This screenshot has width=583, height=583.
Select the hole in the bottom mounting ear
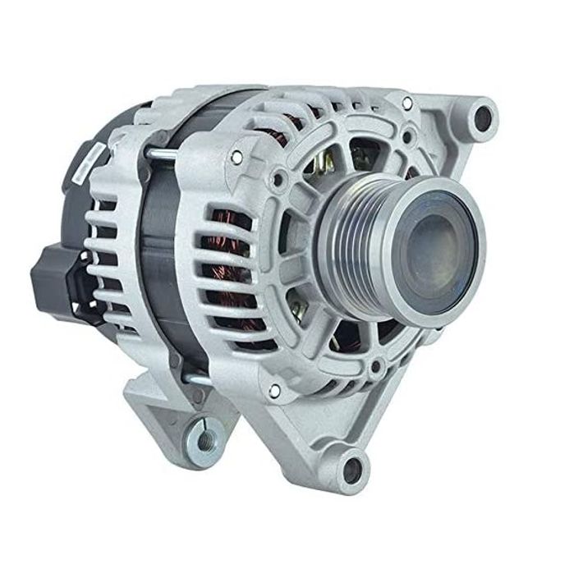[x=353, y=467]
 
